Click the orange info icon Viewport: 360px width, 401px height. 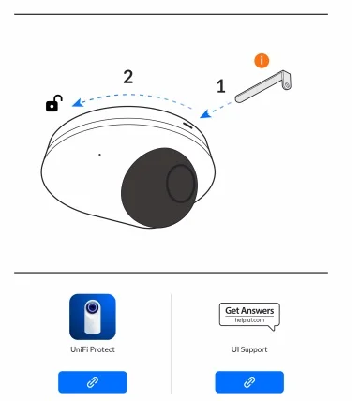coord(262,61)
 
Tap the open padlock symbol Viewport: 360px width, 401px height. coord(53,103)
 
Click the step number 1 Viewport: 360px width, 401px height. coord(221,86)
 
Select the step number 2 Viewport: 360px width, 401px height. coord(128,77)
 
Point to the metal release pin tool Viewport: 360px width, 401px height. coord(263,85)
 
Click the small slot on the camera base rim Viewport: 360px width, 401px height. coord(187,125)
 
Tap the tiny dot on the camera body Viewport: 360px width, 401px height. coord(99,155)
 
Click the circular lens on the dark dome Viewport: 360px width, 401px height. coord(181,184)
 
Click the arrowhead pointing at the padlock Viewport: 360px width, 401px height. coord(77,103)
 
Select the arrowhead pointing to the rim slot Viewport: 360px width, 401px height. coord(205,114)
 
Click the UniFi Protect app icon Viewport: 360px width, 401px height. coord(93,317)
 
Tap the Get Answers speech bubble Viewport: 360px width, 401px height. coord(249,317)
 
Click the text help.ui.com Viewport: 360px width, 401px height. coord(249,320)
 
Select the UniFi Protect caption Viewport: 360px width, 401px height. coord(93,349)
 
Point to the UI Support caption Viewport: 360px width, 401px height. coord(249,349)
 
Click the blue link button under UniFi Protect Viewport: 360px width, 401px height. coord(93,382)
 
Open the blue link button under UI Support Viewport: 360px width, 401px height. coord(249,382)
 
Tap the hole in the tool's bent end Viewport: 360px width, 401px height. coord(287,84)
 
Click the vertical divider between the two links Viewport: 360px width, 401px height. coord(172,343)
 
